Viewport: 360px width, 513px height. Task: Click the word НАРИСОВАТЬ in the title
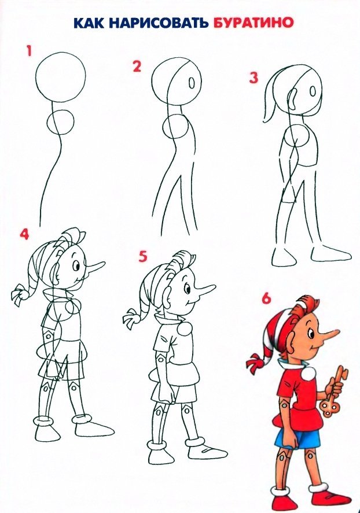pos(157,23)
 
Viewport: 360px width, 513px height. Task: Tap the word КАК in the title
pos(89,23)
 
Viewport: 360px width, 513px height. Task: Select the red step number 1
pos(29,51)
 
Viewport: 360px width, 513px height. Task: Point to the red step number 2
pos(137,66)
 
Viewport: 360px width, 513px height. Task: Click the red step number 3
pos(254,78)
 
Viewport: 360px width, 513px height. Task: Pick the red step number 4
pos(24,234)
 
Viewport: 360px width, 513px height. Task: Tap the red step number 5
pos(143,257)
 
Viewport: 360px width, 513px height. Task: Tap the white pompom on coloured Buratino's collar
pos(308,372)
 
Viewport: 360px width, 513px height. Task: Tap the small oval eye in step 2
pos(192,83)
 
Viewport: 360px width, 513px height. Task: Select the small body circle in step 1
pos(60,121)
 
